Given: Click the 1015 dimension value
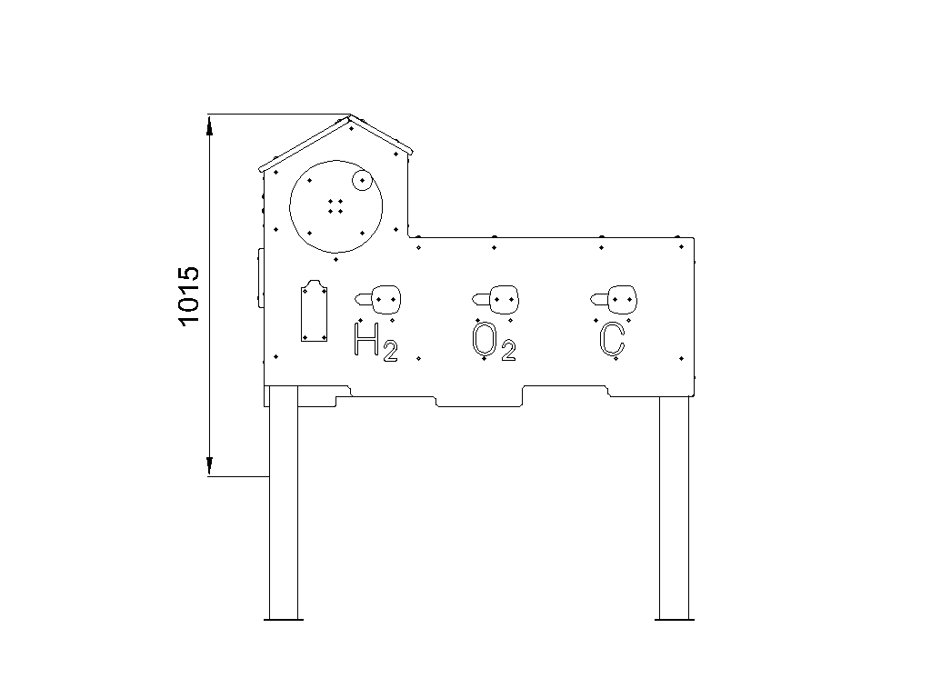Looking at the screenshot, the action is pos(189,295).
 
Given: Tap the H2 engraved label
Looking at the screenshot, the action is pos(375,341).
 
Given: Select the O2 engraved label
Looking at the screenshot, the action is pos(494,342).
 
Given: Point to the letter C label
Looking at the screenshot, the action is pos(612,340).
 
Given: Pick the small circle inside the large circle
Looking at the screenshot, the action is pos(362,181).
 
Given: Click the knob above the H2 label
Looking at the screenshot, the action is pos(378,299).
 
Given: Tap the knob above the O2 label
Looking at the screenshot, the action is pos(496,299).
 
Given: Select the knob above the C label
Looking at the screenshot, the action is pos(614,299).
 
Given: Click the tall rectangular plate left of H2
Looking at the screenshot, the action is pos(314,311).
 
